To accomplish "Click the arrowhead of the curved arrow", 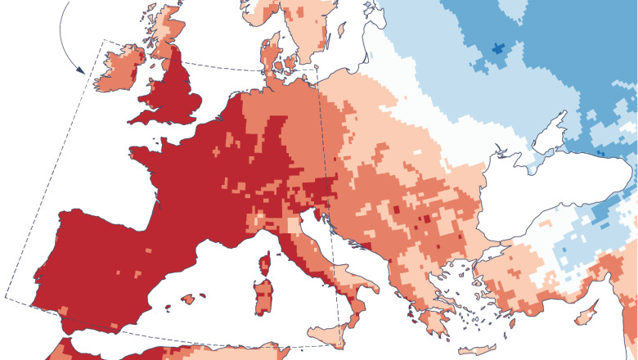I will [x=81, y=70].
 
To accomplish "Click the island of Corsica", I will [x=265, y=263].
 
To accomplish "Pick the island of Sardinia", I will [x=263, y=296].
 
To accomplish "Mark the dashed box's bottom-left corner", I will [x=7, y=296].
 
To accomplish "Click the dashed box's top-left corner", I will [x=103, y=40].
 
